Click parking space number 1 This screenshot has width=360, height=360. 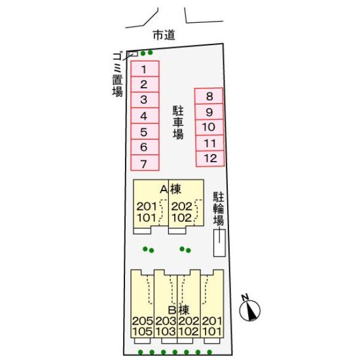(145, 69)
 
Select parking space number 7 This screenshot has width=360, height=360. (145, 163)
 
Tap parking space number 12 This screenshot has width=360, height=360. (210, 158)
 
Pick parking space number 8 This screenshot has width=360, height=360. (209, 96)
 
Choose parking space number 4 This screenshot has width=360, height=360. (145, 116)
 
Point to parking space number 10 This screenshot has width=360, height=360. (209, 127)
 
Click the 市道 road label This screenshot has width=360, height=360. (164, 35)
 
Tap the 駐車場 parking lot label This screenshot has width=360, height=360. (178, 122)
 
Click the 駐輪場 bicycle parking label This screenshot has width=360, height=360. (219, 208)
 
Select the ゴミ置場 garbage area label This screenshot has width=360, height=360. (118, 75)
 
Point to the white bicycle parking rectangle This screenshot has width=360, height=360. (219, 243)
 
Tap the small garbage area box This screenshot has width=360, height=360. (133, 54)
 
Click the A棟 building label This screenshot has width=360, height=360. (171, 189)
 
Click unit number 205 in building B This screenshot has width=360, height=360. (143, 321)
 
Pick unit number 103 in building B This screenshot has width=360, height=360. (166, 332)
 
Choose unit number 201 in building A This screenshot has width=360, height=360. (147, 206)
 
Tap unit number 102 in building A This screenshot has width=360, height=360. (181, 218)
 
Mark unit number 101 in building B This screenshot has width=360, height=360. (212, 332)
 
